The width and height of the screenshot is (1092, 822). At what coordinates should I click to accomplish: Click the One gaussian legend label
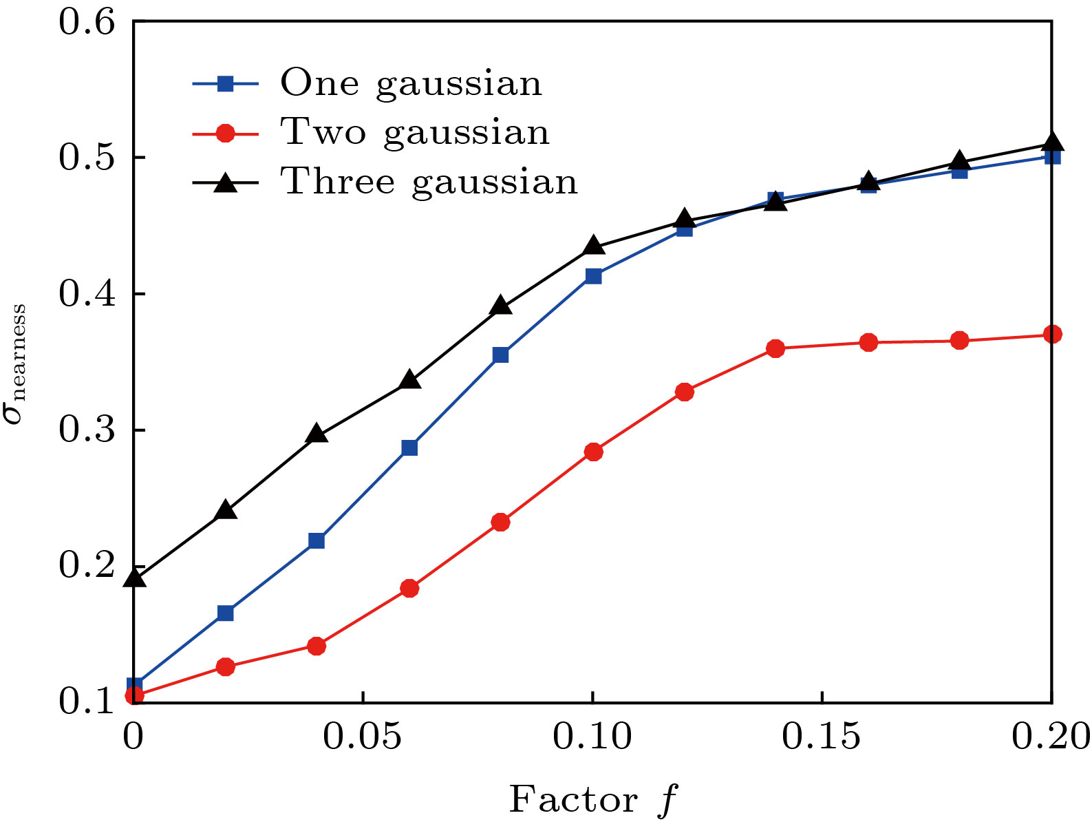pyautogui.click(x=411, y=84)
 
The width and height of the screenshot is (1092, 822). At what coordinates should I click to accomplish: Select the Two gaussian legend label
pyautogui.click(x=415, y=132)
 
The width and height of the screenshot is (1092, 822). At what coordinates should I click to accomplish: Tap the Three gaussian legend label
pyautogui.click(x=429, y=182)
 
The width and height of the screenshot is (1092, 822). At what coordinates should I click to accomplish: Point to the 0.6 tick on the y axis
pyautogui.click(x=86, y=21)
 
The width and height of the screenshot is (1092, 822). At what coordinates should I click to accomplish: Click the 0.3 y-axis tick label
pyautogui.click(x=86, y=430)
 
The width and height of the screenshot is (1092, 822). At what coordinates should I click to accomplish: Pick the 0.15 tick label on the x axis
pyautogui.click(x=821, y=737)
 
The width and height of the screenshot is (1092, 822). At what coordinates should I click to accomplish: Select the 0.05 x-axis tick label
pyautogui.click(x=363, y=737)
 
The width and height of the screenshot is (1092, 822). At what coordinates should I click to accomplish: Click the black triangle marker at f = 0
pyautogui.click(x=134, y=577)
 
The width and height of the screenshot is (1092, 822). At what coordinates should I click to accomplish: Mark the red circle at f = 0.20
pyautogui.click(x=1052, y=335)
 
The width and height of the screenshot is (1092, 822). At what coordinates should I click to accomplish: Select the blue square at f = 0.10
pyautogui.click(x=593, y=276)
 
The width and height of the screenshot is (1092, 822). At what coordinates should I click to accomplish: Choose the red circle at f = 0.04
pyautogui.click(x=317, y=646)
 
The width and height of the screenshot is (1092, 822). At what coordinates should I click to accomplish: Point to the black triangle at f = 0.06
pyautogui.click(x=409, y=379)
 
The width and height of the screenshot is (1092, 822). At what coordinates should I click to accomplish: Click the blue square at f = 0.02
pyautogui.click(x=225, y=613)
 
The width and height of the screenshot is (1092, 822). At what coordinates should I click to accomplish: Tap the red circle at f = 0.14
pyautogui.click(x=775, y=348)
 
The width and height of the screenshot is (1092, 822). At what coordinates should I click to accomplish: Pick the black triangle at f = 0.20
pyautogui.click(x=1052, y=143)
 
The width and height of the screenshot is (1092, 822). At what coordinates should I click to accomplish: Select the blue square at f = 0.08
pyautogui.click(x=501, y=355)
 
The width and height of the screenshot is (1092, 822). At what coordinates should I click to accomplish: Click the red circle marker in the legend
pyautogui.click(x=225, y=132)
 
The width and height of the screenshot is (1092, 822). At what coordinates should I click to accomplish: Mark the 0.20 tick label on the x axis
pyautogui.click(x=1051, y=737)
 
